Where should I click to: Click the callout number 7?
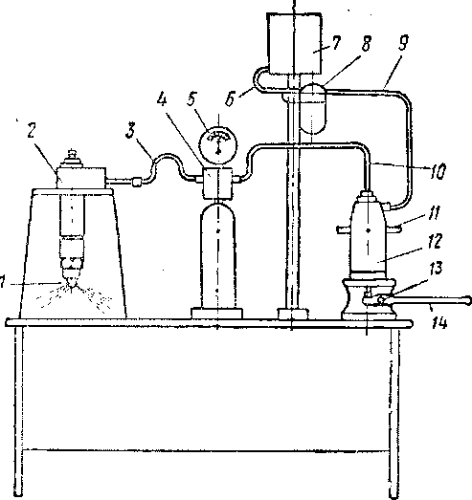click(x=336, y=43)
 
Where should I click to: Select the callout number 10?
click(x=438, y=172)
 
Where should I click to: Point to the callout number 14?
click(x=439, y=323)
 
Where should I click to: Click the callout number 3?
click(x=129, y=131)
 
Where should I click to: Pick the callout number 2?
click(x=31, y=131)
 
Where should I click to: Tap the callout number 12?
click(x=435, y=241)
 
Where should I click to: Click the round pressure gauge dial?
click(x=218, y=142)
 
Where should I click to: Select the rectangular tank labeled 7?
click(x=294, y=44)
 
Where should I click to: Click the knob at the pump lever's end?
click(x=468, y=300)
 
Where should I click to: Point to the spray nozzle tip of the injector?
click(x=73, y=285)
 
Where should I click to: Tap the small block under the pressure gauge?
click(x=217, y=183)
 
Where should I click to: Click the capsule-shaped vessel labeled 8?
click(x=313, y=108)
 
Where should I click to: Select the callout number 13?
click(x=436, y=269)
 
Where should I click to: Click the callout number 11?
click(x=434, y=213)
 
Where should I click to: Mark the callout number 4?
click(x=162, y=99)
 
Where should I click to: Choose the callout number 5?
click(x=191, y=98)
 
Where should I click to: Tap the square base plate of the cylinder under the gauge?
click(x=216, y=314)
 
